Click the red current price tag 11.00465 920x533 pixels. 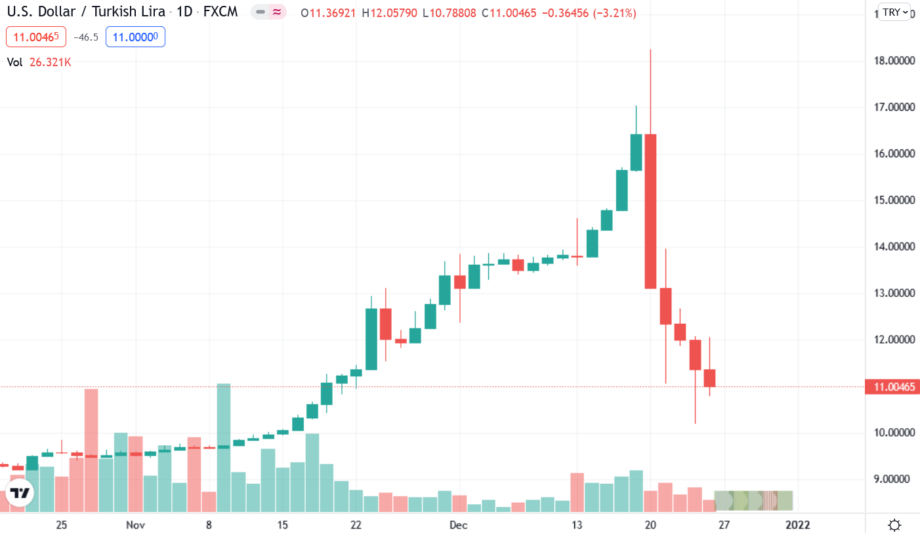click(891, 387)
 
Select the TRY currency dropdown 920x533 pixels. click(895, 12)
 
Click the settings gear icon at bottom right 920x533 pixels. click(894, 524)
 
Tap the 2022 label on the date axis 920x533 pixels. click(797, 525)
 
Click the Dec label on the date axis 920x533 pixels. click(459, 525)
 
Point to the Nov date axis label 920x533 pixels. click(135, 525)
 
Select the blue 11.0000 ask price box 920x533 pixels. click(135, 37)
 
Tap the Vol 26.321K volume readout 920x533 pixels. click(39, 62)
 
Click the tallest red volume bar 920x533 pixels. click(91, 450)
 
